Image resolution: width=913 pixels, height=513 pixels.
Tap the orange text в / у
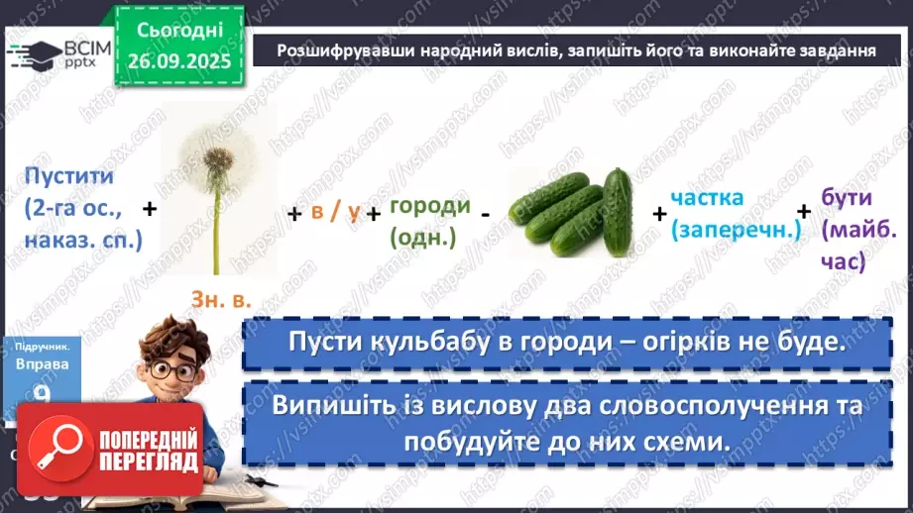coord(335,210)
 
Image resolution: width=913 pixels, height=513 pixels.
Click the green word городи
coord(429,205)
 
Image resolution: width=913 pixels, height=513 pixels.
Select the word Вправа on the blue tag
coord(43,363)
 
